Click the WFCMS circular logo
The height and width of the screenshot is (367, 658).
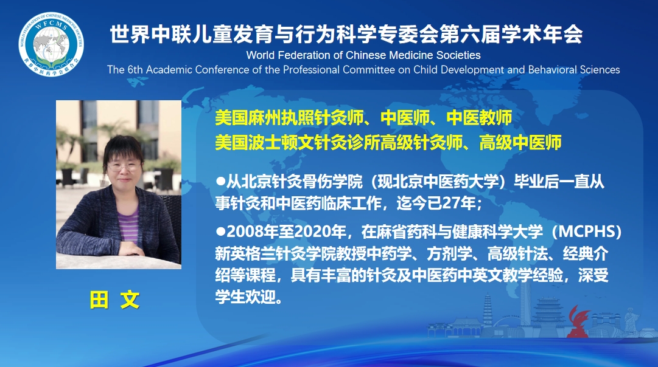coord(51,44)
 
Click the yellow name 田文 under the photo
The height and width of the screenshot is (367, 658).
coord(114,300)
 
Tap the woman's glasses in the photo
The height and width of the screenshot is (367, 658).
coord(124,166)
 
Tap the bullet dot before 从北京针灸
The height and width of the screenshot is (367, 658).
coord(220,182)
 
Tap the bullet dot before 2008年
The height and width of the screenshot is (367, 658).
coord(220,232)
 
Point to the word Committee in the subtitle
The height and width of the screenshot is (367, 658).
coord(374,69)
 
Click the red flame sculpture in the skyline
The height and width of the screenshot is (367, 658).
coord(578,322)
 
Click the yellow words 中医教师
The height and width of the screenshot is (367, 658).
coord(479,118)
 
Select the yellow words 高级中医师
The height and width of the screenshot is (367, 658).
coord(520,143)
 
